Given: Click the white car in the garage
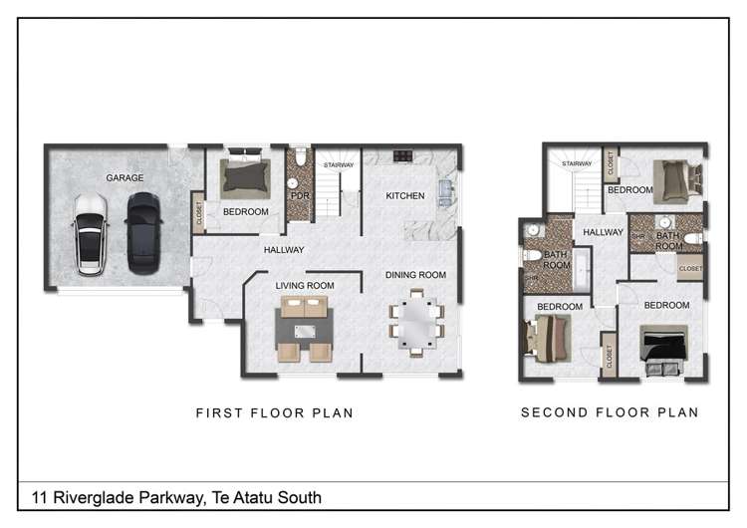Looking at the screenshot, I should (x=90, y=235).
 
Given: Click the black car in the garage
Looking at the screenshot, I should (x=143, y=232).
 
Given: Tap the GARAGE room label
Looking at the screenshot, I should (x=125, y=178).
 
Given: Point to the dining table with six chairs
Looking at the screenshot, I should (x=416, y=323).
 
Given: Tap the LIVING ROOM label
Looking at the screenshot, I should (x=305, y=286).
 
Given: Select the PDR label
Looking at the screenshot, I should (x=299, y=197).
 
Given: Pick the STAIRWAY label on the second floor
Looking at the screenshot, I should (x=577, y=164).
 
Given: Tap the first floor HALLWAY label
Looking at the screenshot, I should (x=284, y=250).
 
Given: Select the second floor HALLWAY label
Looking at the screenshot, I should (x=604, y=232).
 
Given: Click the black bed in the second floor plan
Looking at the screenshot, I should (x=662, y=350).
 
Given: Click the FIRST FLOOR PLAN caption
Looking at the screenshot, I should (x=274, y=412).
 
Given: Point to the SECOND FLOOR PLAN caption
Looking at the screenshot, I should (x=610, y=412).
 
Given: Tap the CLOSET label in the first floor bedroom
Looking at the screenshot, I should (x=199, y=212).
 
